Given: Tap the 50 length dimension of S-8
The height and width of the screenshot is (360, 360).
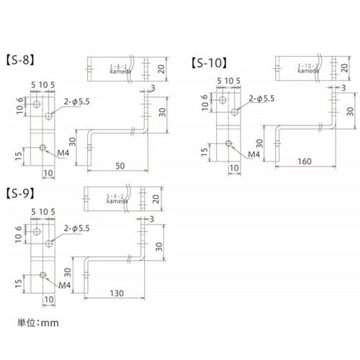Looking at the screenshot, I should [x=120, y=166].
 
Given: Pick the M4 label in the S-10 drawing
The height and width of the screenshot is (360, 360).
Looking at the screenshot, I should [x=253, y=153].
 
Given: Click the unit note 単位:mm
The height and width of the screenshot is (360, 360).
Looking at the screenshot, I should [x=37, y=323].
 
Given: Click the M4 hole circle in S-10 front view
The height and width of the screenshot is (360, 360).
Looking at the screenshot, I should [x=229, y=144].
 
